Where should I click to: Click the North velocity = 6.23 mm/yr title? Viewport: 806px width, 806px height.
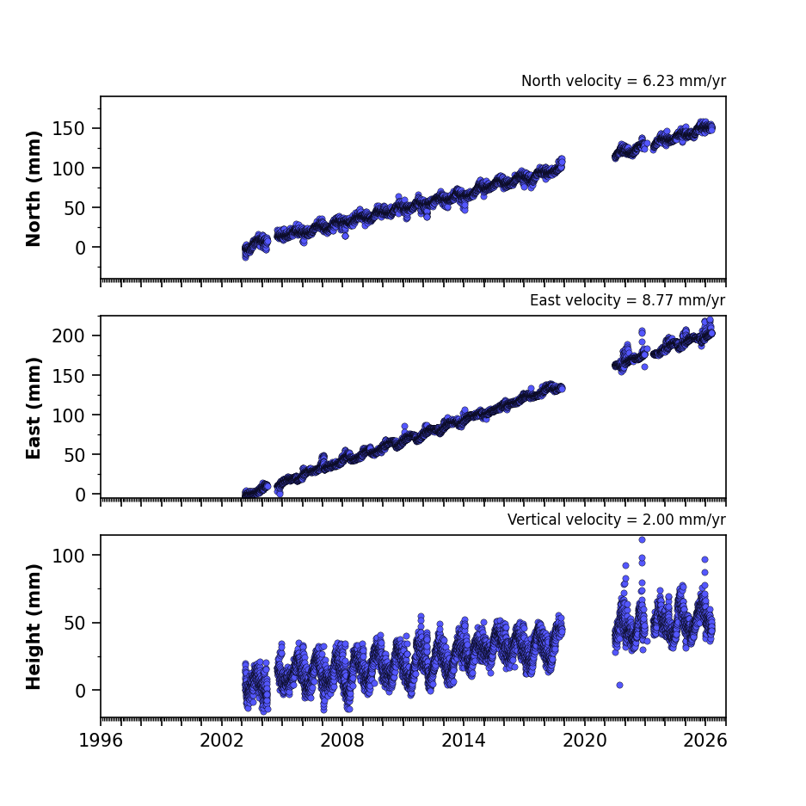(624, 81)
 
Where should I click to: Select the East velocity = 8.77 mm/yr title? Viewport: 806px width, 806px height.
(628, 300)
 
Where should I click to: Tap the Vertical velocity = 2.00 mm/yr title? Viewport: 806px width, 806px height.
(616, 520)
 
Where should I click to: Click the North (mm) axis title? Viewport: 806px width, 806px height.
(34, 188)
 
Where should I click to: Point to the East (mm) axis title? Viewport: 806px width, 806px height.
(34, 408)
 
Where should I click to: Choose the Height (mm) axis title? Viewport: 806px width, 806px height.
(34, 626)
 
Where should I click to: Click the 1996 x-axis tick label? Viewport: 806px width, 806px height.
(101, 741)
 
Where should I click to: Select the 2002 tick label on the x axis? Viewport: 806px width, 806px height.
(222, 741)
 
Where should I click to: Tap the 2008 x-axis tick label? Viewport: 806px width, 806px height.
(342, 741)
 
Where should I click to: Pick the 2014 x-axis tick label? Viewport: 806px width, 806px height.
(463, 741)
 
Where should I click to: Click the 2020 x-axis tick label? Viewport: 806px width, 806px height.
(584, 741)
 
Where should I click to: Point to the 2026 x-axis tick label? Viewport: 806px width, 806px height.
(705, 741)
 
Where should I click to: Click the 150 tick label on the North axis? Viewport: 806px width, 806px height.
(69, 128)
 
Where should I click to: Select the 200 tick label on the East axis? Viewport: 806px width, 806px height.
(69, 335)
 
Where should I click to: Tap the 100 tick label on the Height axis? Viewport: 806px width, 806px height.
(69, 556)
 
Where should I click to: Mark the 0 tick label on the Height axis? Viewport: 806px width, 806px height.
(80, 691)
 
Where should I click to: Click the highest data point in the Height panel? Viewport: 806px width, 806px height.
(642, 539)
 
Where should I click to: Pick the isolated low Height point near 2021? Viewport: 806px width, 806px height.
(620, 686)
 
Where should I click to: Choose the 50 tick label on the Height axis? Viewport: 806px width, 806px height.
(75, 623)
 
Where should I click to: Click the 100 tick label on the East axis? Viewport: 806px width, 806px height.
(69, 415)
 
